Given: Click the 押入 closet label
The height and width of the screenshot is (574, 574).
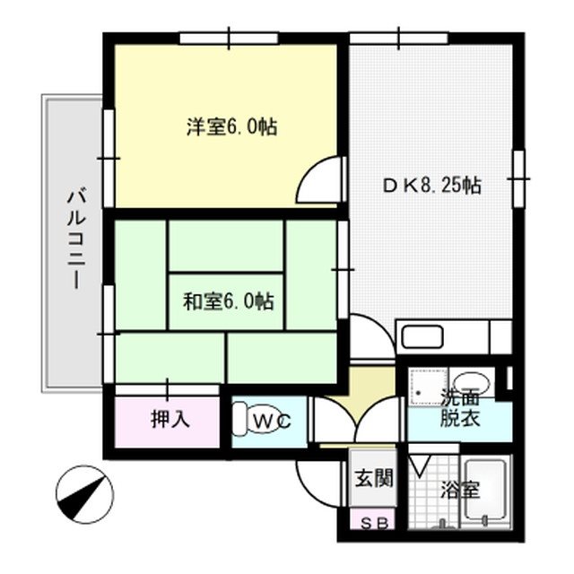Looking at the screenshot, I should coord(170,420).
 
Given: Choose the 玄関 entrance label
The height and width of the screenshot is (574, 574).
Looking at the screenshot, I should coord(373,478).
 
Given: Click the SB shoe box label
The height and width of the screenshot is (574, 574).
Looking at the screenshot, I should coord(372,523).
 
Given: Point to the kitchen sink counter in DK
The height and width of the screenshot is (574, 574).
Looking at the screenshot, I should coord(445,338).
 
